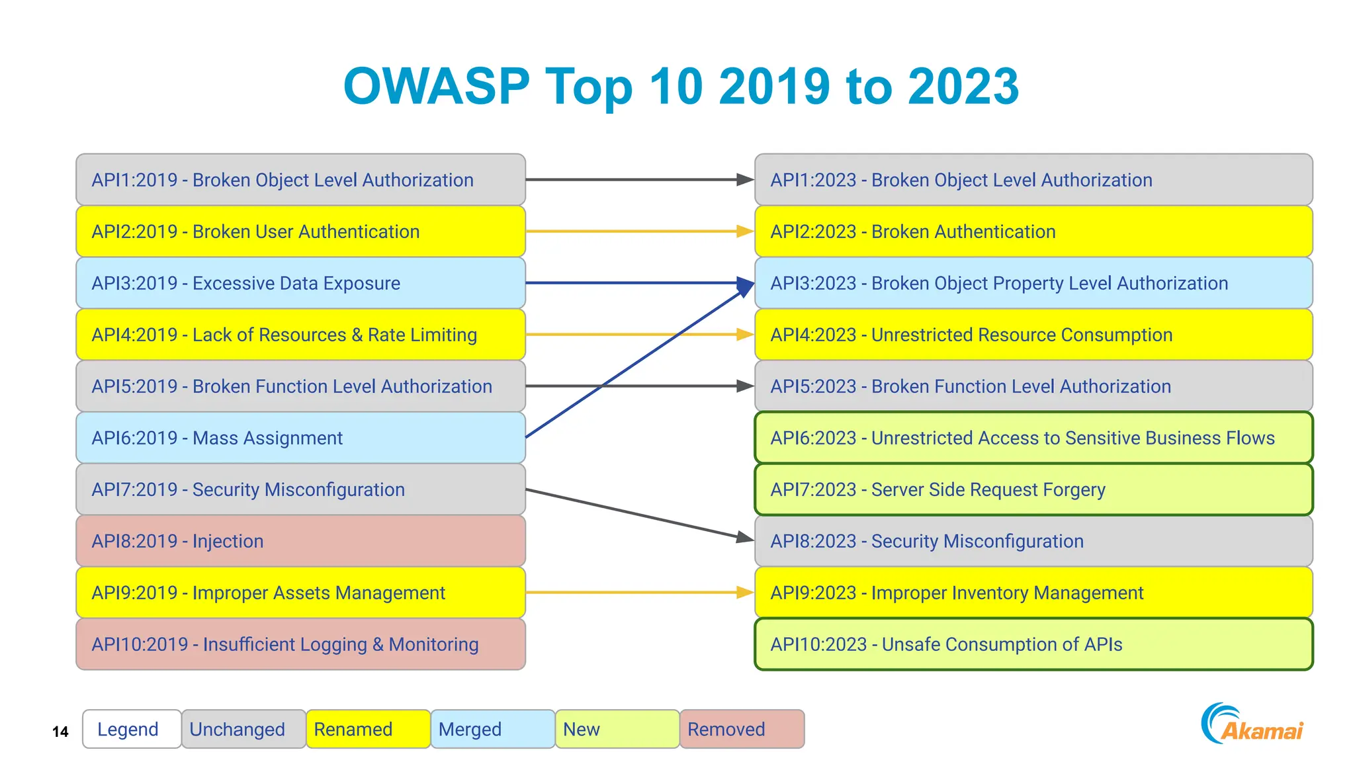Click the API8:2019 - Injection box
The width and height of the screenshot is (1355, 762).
[300, 541]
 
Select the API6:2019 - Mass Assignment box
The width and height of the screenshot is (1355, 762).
[300, 438]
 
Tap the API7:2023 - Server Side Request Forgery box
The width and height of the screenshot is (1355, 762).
[1033, 489]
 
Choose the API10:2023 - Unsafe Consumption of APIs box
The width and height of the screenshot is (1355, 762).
[1033, 644]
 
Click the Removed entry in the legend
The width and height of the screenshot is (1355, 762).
[742, 729]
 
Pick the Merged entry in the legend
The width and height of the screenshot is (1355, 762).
[492, 729]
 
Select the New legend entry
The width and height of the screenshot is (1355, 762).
[617, 729]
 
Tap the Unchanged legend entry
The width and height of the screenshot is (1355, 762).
[243, 729]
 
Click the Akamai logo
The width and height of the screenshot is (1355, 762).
[1252, 725]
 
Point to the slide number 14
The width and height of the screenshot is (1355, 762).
[60, 732]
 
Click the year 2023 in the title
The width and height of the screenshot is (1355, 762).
[963, 87]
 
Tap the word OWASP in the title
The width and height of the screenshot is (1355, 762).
[437, 87]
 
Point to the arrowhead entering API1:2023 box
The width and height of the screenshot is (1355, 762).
[745, 179]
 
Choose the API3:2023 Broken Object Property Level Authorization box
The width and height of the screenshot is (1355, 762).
[1033, 283]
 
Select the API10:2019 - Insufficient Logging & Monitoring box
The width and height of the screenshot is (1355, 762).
[300, 644]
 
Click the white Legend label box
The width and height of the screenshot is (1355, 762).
[131, 729]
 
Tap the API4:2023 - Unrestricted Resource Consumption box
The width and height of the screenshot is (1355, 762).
[1033, 335]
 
